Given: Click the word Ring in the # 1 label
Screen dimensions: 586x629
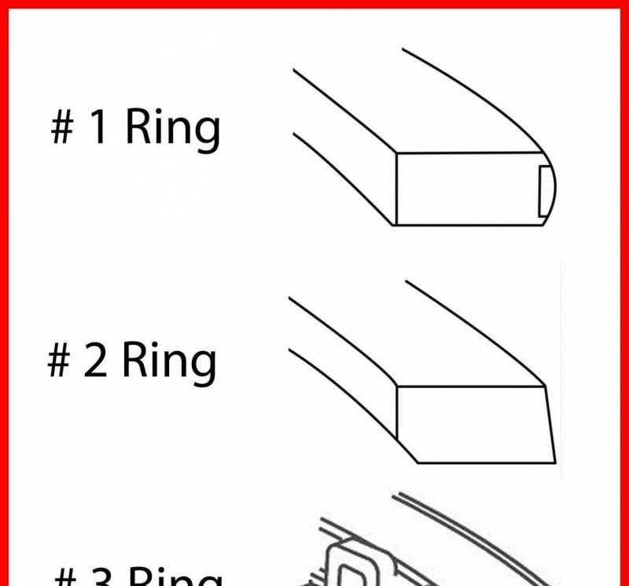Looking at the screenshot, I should point(172,129).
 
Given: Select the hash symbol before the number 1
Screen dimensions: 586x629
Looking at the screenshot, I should point(62,129).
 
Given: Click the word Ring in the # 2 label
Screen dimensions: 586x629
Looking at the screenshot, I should point(168,361).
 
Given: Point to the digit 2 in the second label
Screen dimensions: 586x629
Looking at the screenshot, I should point(94,361).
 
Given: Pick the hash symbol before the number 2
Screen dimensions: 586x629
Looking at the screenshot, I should point(59,361).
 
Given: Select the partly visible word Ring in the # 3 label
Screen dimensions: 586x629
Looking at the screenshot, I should point(173,578).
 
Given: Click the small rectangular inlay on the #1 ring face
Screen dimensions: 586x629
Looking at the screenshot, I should point(543,191).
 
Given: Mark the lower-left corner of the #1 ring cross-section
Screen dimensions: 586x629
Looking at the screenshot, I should point(395,225).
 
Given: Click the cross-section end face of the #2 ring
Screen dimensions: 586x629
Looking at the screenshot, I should point(472,424).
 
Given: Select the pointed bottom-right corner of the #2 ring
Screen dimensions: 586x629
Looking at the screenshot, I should point(555,462).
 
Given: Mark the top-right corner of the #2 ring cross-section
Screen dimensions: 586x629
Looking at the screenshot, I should point(545,386).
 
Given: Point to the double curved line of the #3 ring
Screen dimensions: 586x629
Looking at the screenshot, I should point(472,534).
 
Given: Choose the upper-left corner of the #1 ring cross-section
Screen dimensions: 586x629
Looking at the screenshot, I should point(395,152).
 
